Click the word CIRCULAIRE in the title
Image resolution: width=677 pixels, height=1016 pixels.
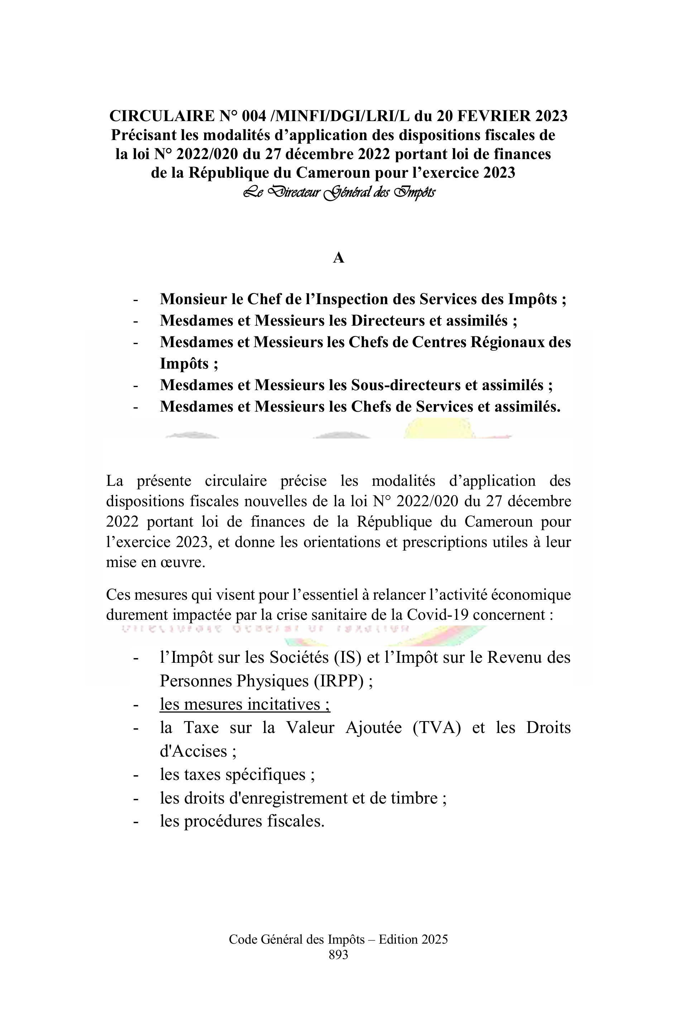tap(162, 116)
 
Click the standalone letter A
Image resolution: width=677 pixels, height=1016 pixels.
tap(338, 258)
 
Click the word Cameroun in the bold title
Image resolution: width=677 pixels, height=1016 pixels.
tap(333, 173)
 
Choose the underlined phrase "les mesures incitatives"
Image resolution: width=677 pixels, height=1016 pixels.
tap(245, 704)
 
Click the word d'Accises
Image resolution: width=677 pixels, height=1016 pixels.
tap(193, 751)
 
